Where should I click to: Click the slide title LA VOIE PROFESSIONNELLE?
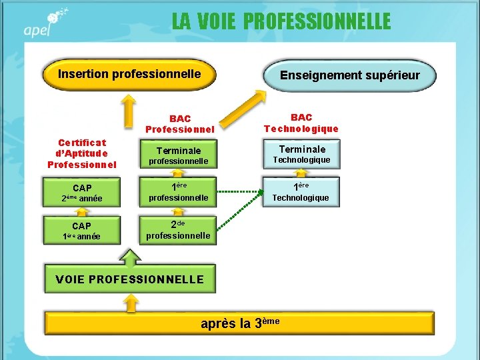pyautogui.click(x=281, y=21)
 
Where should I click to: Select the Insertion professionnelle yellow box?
pyautogui.click(x=129, y=75)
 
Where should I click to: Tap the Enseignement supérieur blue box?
pyautogui.click(x=350, y=75)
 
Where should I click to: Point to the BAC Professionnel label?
pyautogui.click(x=179, y=124)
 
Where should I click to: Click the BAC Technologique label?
pyautogui.click(x=301, y=123)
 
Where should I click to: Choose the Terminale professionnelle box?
pyautogui.click(x=178, y=155)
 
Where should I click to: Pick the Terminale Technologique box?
pyautogui.click(x=301, y=154)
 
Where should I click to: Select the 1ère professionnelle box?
pyautogui.click(x=178, y=191)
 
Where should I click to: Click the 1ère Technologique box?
pyautogui.click(x=301, y=191)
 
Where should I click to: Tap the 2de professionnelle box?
pyautogui.click(x=178, y=229)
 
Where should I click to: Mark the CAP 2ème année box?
pyautogui.click(x=82, y=193)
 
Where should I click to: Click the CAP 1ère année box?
pyautogui.click(x=82, y=231)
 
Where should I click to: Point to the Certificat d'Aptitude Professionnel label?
pyautogui.click(x=82, y=153)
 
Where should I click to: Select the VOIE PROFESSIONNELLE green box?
pyautogui.click(x=130, y=279)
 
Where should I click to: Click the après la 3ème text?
pyautogui.click(x=240, y=323)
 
